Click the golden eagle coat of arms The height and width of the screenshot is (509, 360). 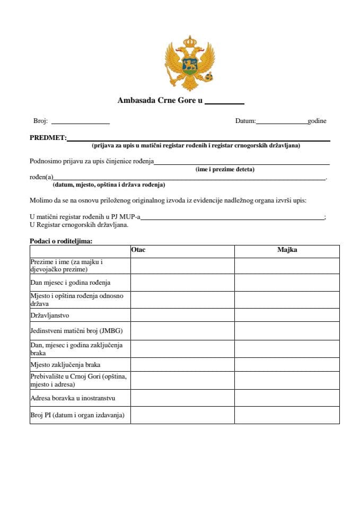pyautogui.click(x=189, y=62)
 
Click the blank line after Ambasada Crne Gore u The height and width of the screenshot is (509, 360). pyautogui.click(x=224, y=101)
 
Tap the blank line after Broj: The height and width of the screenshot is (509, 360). pyautogui.click(x=80, y=122)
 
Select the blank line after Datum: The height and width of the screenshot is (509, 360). pyautogui.click(x=282, y=122)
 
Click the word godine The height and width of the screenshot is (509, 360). pyautogui.click(x=317, y=121)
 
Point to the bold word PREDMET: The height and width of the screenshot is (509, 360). pyautogui.click(x=48, y=138)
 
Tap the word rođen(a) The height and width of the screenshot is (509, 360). pyautogui.click(x=41, y=178)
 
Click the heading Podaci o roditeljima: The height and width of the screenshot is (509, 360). pyautogui.click(x=61, y=241)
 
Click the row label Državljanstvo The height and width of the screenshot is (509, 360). pyautogui.click(x=54, y=315)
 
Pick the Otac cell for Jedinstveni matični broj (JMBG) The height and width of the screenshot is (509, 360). pyautogui.click(x=182, y=331)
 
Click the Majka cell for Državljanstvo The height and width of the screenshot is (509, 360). pyautogui.click(x=287, y=315)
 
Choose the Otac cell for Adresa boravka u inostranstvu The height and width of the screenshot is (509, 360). pyautogui.click(x=182, y=398)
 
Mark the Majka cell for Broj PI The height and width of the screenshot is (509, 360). pyautogui.click(x=287, y=415)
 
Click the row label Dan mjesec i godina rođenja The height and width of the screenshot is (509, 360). pyautogui.click(x=71, y=283)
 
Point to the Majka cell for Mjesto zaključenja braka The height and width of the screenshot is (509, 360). pyautogui.click(x=287, y=365)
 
